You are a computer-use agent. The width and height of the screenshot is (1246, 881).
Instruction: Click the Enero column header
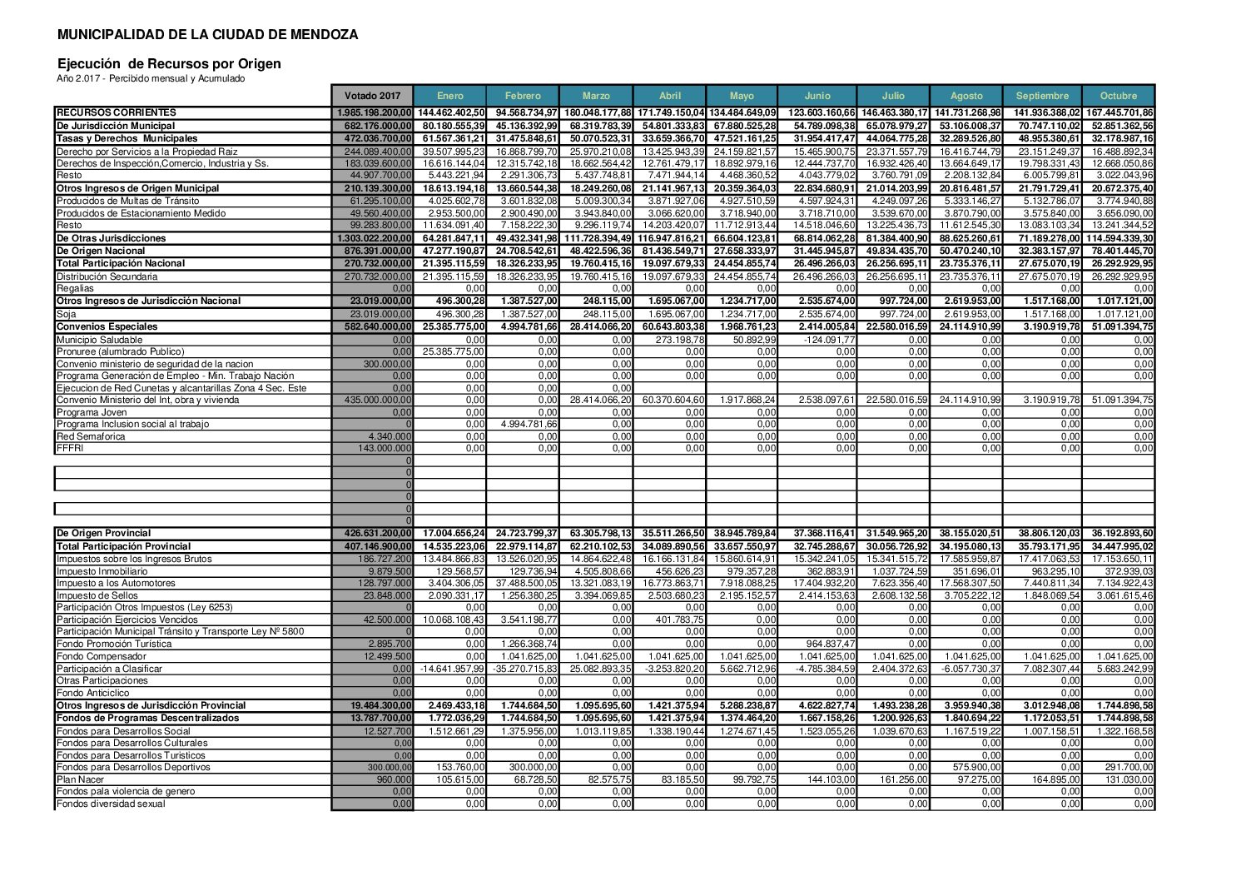click(x=449, y=96)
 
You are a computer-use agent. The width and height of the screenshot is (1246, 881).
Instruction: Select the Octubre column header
click(x=1118, y=96)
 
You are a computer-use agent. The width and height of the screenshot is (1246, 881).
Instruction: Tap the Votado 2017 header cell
click(x=372, y=96)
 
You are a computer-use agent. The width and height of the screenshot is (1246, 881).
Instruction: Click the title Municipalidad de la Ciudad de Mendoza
click(x=208, y=35)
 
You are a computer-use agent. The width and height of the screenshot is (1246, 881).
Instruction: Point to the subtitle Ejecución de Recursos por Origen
click(x=169, y=64)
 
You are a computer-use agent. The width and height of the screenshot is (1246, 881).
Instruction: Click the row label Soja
click(x=66, y=314)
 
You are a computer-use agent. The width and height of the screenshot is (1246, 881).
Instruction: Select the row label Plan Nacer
click(x=81, y=779)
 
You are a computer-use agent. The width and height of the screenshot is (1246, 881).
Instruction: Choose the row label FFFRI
click(x=70, y=448)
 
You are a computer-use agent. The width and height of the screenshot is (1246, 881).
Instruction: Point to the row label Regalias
click(x=75, y=288)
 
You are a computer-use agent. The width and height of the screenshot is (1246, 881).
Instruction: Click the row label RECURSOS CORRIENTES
click(x=116, y=112)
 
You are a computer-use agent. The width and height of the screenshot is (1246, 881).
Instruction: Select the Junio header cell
click(x=817, y=96)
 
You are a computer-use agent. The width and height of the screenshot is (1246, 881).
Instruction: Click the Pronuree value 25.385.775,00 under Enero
click(x=454, y=351)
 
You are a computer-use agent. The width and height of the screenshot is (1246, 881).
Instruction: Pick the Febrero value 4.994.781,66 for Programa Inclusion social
click(x=529, y=424)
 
